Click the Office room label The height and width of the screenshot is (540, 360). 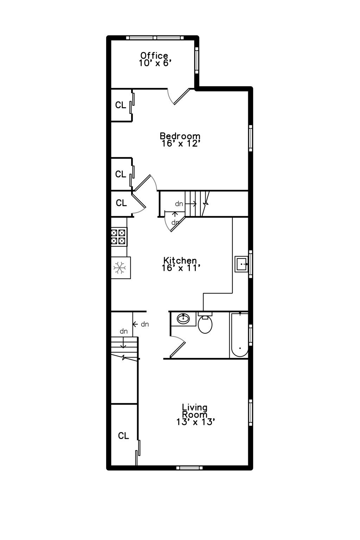[154, 56]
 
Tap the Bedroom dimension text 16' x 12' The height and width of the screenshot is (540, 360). [181, 143]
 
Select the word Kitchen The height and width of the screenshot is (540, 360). [180, 261]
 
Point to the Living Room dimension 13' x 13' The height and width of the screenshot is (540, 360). [195, 422]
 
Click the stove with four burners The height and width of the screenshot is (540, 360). [118, 237]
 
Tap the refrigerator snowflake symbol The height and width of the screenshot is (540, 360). [120, 268]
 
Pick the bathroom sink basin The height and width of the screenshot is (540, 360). [183, 319]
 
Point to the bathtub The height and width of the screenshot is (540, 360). [239, 335]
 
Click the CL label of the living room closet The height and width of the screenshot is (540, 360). [123, 436]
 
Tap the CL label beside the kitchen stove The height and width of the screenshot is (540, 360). [121, 203]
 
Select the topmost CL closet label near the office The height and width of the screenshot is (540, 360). [121, 105]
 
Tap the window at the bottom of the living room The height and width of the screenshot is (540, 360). [189, 468]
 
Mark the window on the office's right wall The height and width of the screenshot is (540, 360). [197, 60]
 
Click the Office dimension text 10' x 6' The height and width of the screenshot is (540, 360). [155, 63]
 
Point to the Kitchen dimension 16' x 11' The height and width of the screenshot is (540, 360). [181, 268]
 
